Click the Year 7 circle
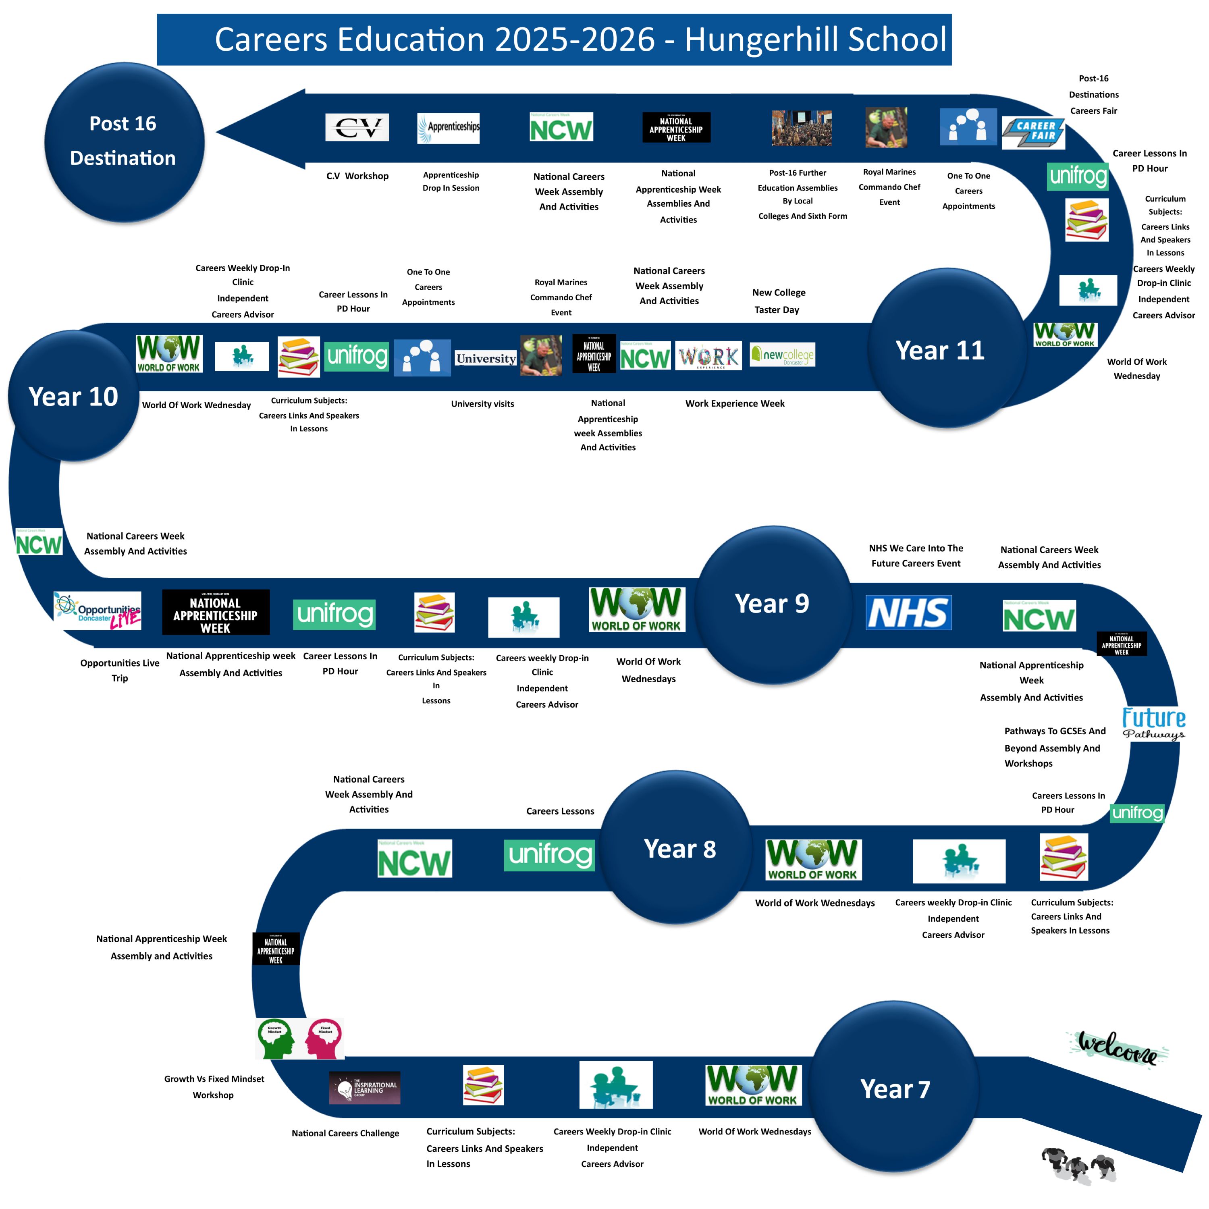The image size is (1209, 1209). tap(895, 1089)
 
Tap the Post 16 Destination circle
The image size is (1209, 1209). tap(123, 141)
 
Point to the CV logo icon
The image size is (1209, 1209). tap(357, 128)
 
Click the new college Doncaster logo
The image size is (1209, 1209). tap(782, 355)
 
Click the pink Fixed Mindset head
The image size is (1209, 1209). tap(324, 1039)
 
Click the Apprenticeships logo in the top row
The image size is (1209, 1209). tap(449, 128)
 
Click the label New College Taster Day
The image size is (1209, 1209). tap(778, 301)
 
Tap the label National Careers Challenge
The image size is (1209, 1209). tap(345, 1133)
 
